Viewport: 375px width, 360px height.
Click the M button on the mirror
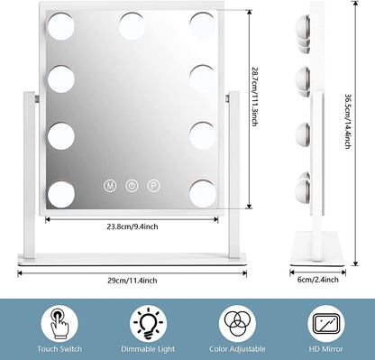coord(110,185)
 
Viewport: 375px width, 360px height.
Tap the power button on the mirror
coord(132,185)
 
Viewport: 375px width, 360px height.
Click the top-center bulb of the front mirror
coord(132,19)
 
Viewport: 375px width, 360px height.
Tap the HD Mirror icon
coord(325,321)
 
